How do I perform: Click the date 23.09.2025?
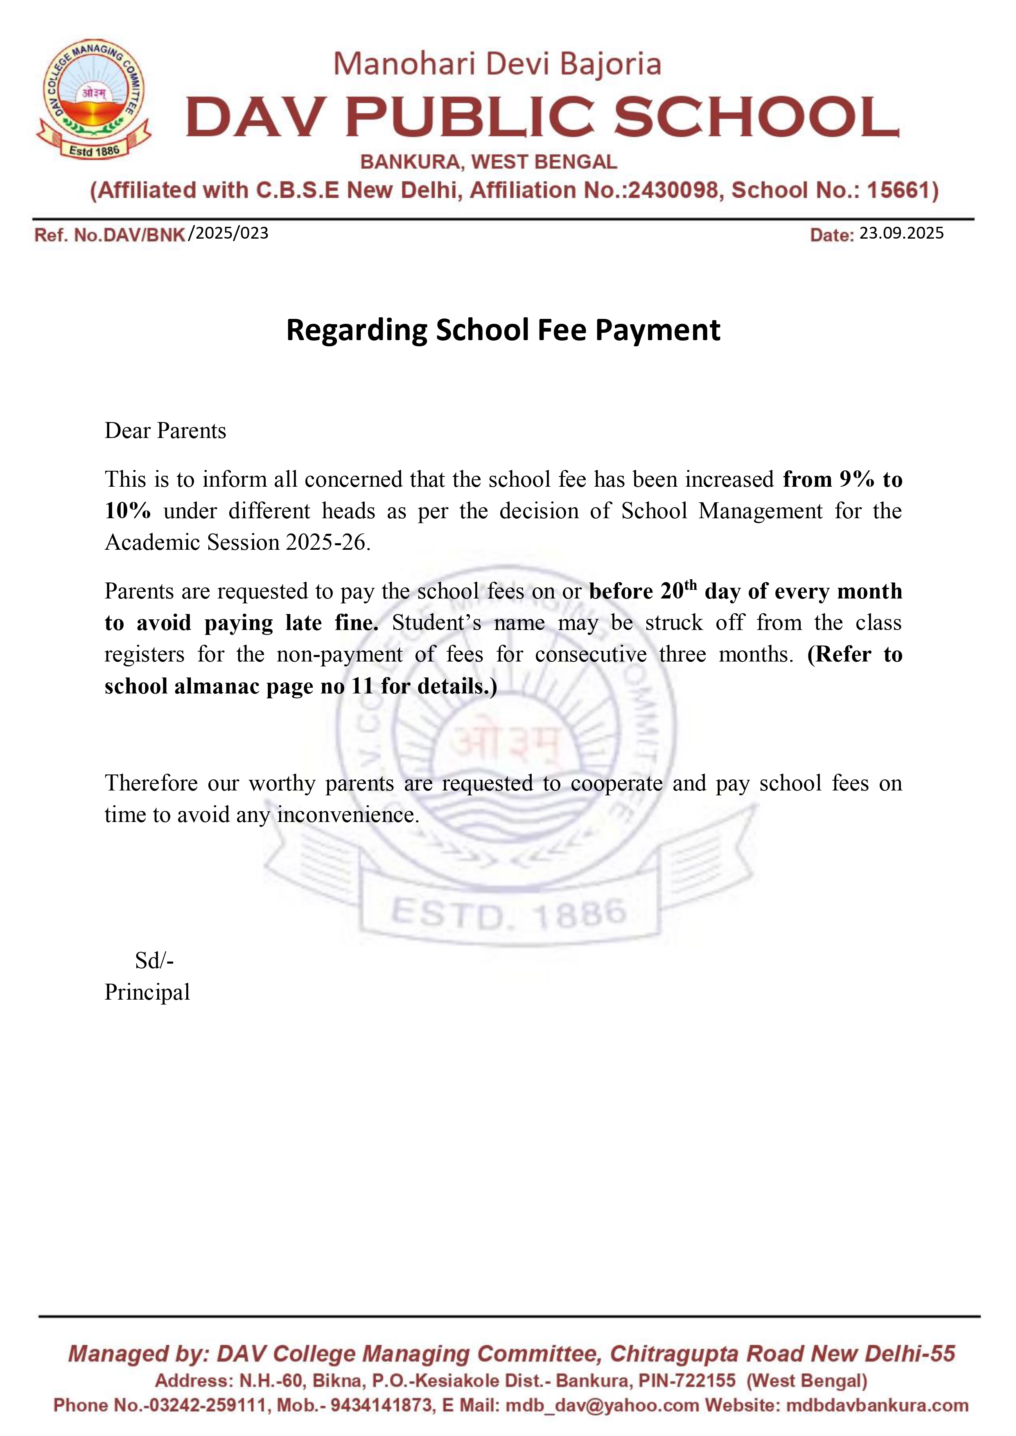pos(901,233)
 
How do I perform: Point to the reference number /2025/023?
pos(229,233)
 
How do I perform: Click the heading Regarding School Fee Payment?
pos(503,330)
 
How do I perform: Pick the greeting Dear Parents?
pos(165,431)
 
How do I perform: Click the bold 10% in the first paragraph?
pos(128,511)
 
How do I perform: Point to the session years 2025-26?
pos(325,542)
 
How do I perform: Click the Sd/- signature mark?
pos(154,960)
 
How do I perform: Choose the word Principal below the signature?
pos(147,992)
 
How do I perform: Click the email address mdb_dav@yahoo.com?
pos(603,1405)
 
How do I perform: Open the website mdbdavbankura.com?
pos(877,1405)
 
